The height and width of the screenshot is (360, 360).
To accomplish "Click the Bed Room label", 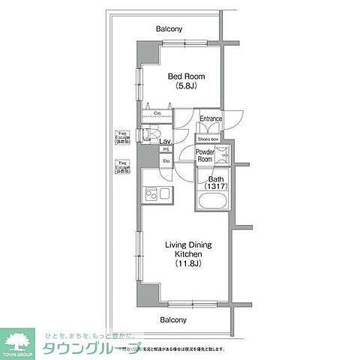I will point(180,76).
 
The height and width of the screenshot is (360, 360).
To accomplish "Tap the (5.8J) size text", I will point(180,86).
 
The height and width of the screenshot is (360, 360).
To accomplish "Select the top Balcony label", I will point(169,29).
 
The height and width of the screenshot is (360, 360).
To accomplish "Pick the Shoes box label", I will point(208,139).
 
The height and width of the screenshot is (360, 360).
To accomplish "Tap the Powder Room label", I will point(205,156).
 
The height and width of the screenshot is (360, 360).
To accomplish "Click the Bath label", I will point(216,179).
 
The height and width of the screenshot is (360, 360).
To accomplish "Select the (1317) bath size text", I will point(217,188).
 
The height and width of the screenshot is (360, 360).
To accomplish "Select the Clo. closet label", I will point(158,114).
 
